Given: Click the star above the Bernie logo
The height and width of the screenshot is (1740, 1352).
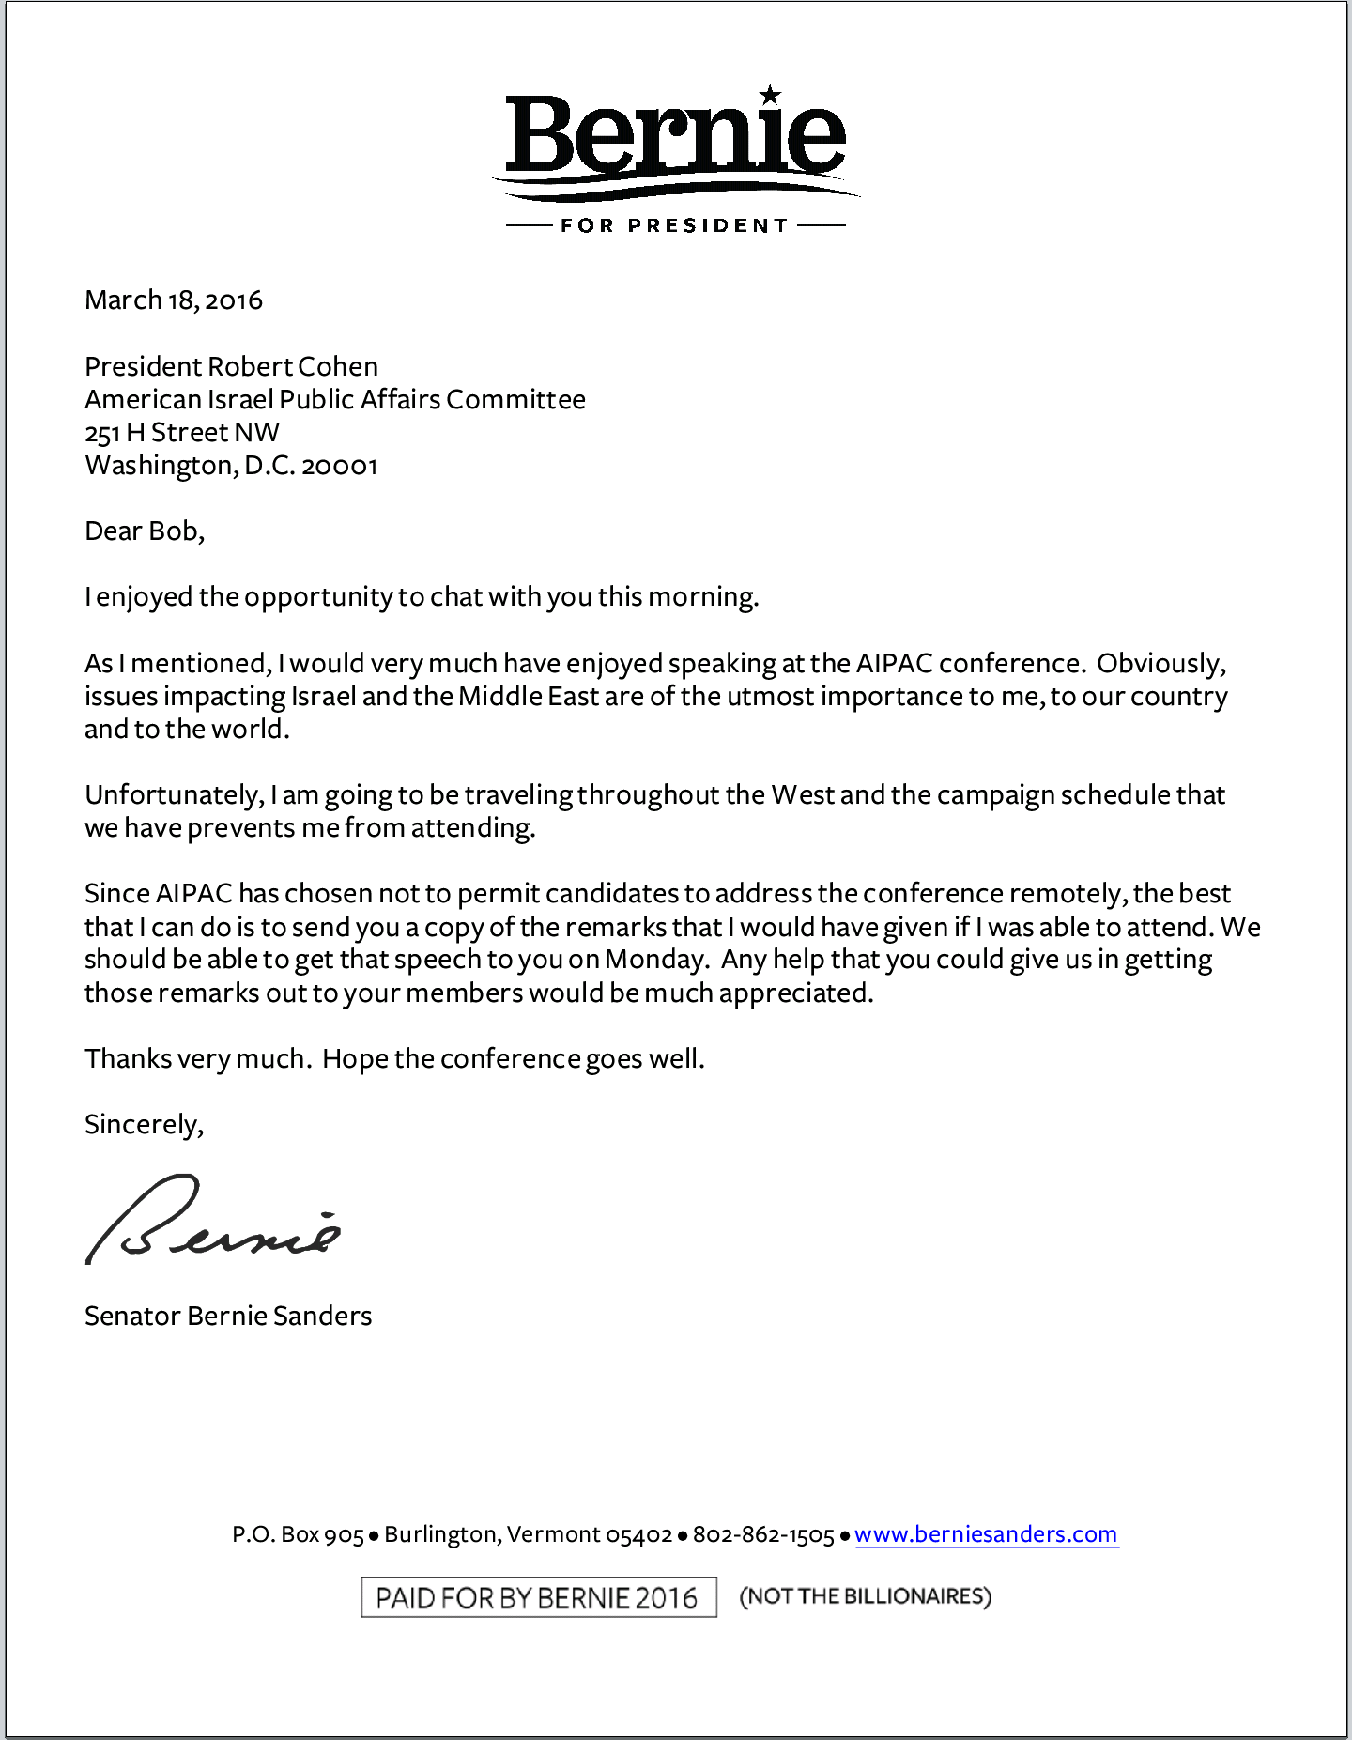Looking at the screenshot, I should point(770,94).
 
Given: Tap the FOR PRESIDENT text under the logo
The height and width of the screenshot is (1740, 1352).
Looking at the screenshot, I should point(674,225).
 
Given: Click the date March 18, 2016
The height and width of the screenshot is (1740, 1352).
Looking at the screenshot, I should point(174,300).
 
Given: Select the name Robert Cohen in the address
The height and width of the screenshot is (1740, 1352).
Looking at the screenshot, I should point(292,366).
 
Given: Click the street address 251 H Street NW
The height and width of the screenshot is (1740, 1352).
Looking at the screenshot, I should point(182,433).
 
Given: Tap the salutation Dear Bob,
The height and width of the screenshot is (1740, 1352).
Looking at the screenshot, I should point(145,531).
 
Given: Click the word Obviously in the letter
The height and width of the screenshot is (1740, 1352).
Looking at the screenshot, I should point(1160,664).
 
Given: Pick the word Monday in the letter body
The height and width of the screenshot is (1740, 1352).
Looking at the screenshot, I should point(655,960).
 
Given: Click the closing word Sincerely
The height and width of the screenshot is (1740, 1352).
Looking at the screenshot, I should point(144,1125).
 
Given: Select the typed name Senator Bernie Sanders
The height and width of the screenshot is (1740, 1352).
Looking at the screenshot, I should point(228,1317).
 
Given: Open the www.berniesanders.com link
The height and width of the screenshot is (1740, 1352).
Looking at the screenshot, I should point(986,1534).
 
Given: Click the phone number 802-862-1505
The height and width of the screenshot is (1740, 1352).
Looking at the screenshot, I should point(763,1535).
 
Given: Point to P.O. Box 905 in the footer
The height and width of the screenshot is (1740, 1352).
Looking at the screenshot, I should point(298,1535).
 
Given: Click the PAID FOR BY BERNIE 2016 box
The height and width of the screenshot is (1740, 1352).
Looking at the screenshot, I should point(538,1597).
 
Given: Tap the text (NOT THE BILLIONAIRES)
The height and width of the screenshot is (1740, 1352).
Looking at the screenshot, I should point(865,1596).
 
